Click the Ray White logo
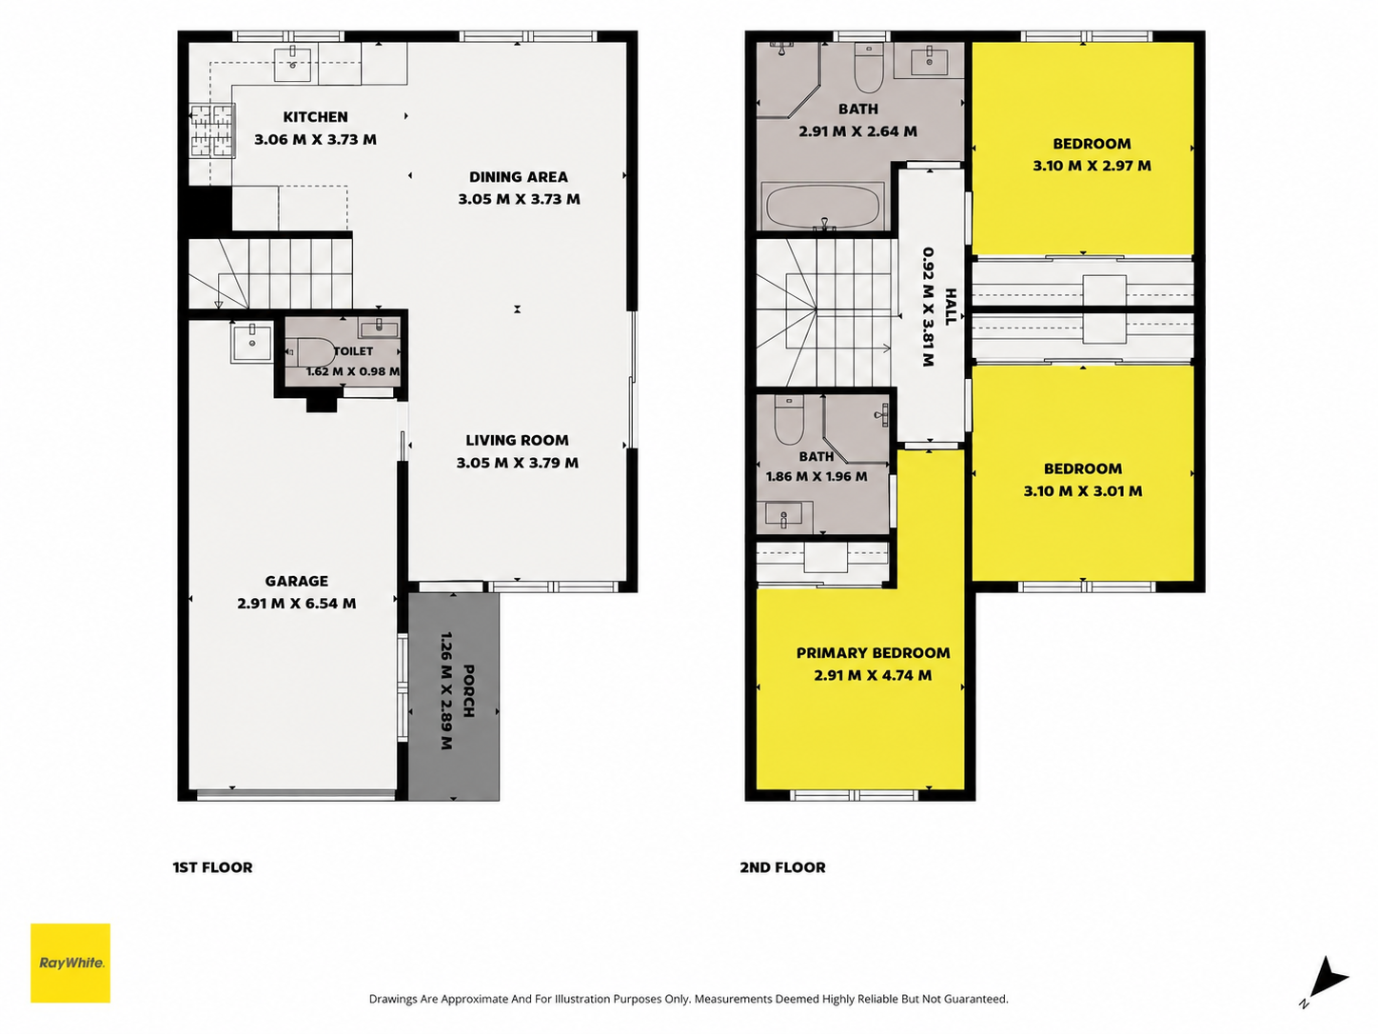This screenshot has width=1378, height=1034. coord(70,963)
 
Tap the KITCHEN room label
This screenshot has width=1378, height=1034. coord(315,117)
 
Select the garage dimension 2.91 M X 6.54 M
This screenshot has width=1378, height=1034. coord(296,604)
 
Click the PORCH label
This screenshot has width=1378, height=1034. coord(468,690)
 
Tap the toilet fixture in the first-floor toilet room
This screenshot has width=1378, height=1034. coord(311,353)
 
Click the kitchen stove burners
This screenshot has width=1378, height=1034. coord(212,131)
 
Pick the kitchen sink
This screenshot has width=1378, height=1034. coord(292,64)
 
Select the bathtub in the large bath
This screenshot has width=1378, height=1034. coord(823,207)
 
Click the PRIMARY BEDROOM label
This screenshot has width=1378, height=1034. coord(873,653)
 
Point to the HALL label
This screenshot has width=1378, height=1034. coord(950,307)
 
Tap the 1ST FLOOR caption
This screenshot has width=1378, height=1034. coord(213,867)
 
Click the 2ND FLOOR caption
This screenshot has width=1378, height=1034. coord(783,867)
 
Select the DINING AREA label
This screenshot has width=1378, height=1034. coord(519,177)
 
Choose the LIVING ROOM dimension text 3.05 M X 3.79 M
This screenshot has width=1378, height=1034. coord(518,464)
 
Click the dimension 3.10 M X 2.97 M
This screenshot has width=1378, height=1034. coord(1092,166)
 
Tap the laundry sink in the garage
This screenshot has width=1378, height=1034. coord(252,343)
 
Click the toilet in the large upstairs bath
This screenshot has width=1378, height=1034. coord(869,70)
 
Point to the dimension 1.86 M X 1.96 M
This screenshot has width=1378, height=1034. coord(817,476)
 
